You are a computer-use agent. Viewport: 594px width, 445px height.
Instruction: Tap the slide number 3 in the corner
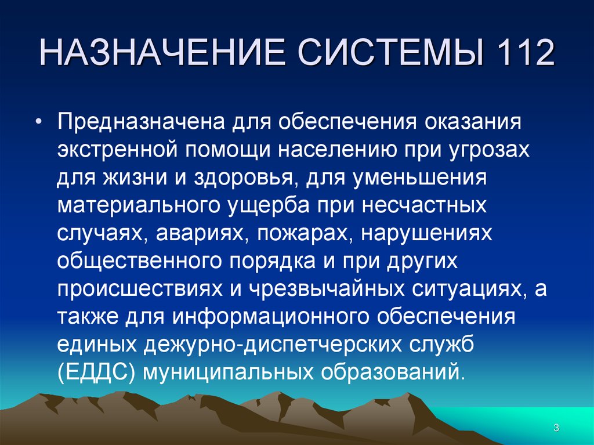click(x=556, y=428)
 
